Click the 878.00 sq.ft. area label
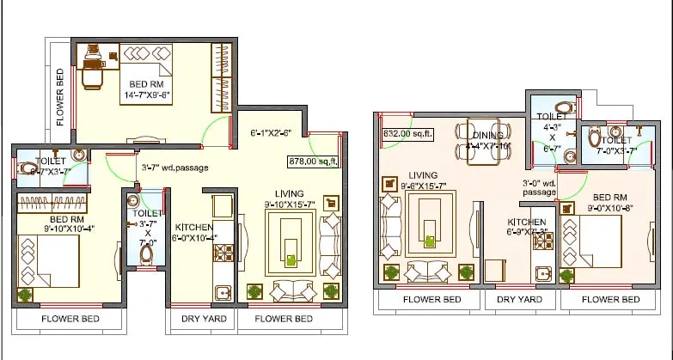pos(314,160)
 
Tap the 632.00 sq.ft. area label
pos(409,133)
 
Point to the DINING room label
pos(487,140)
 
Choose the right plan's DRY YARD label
pos(520,299)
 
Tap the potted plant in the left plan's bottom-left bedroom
pos(24,294)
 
